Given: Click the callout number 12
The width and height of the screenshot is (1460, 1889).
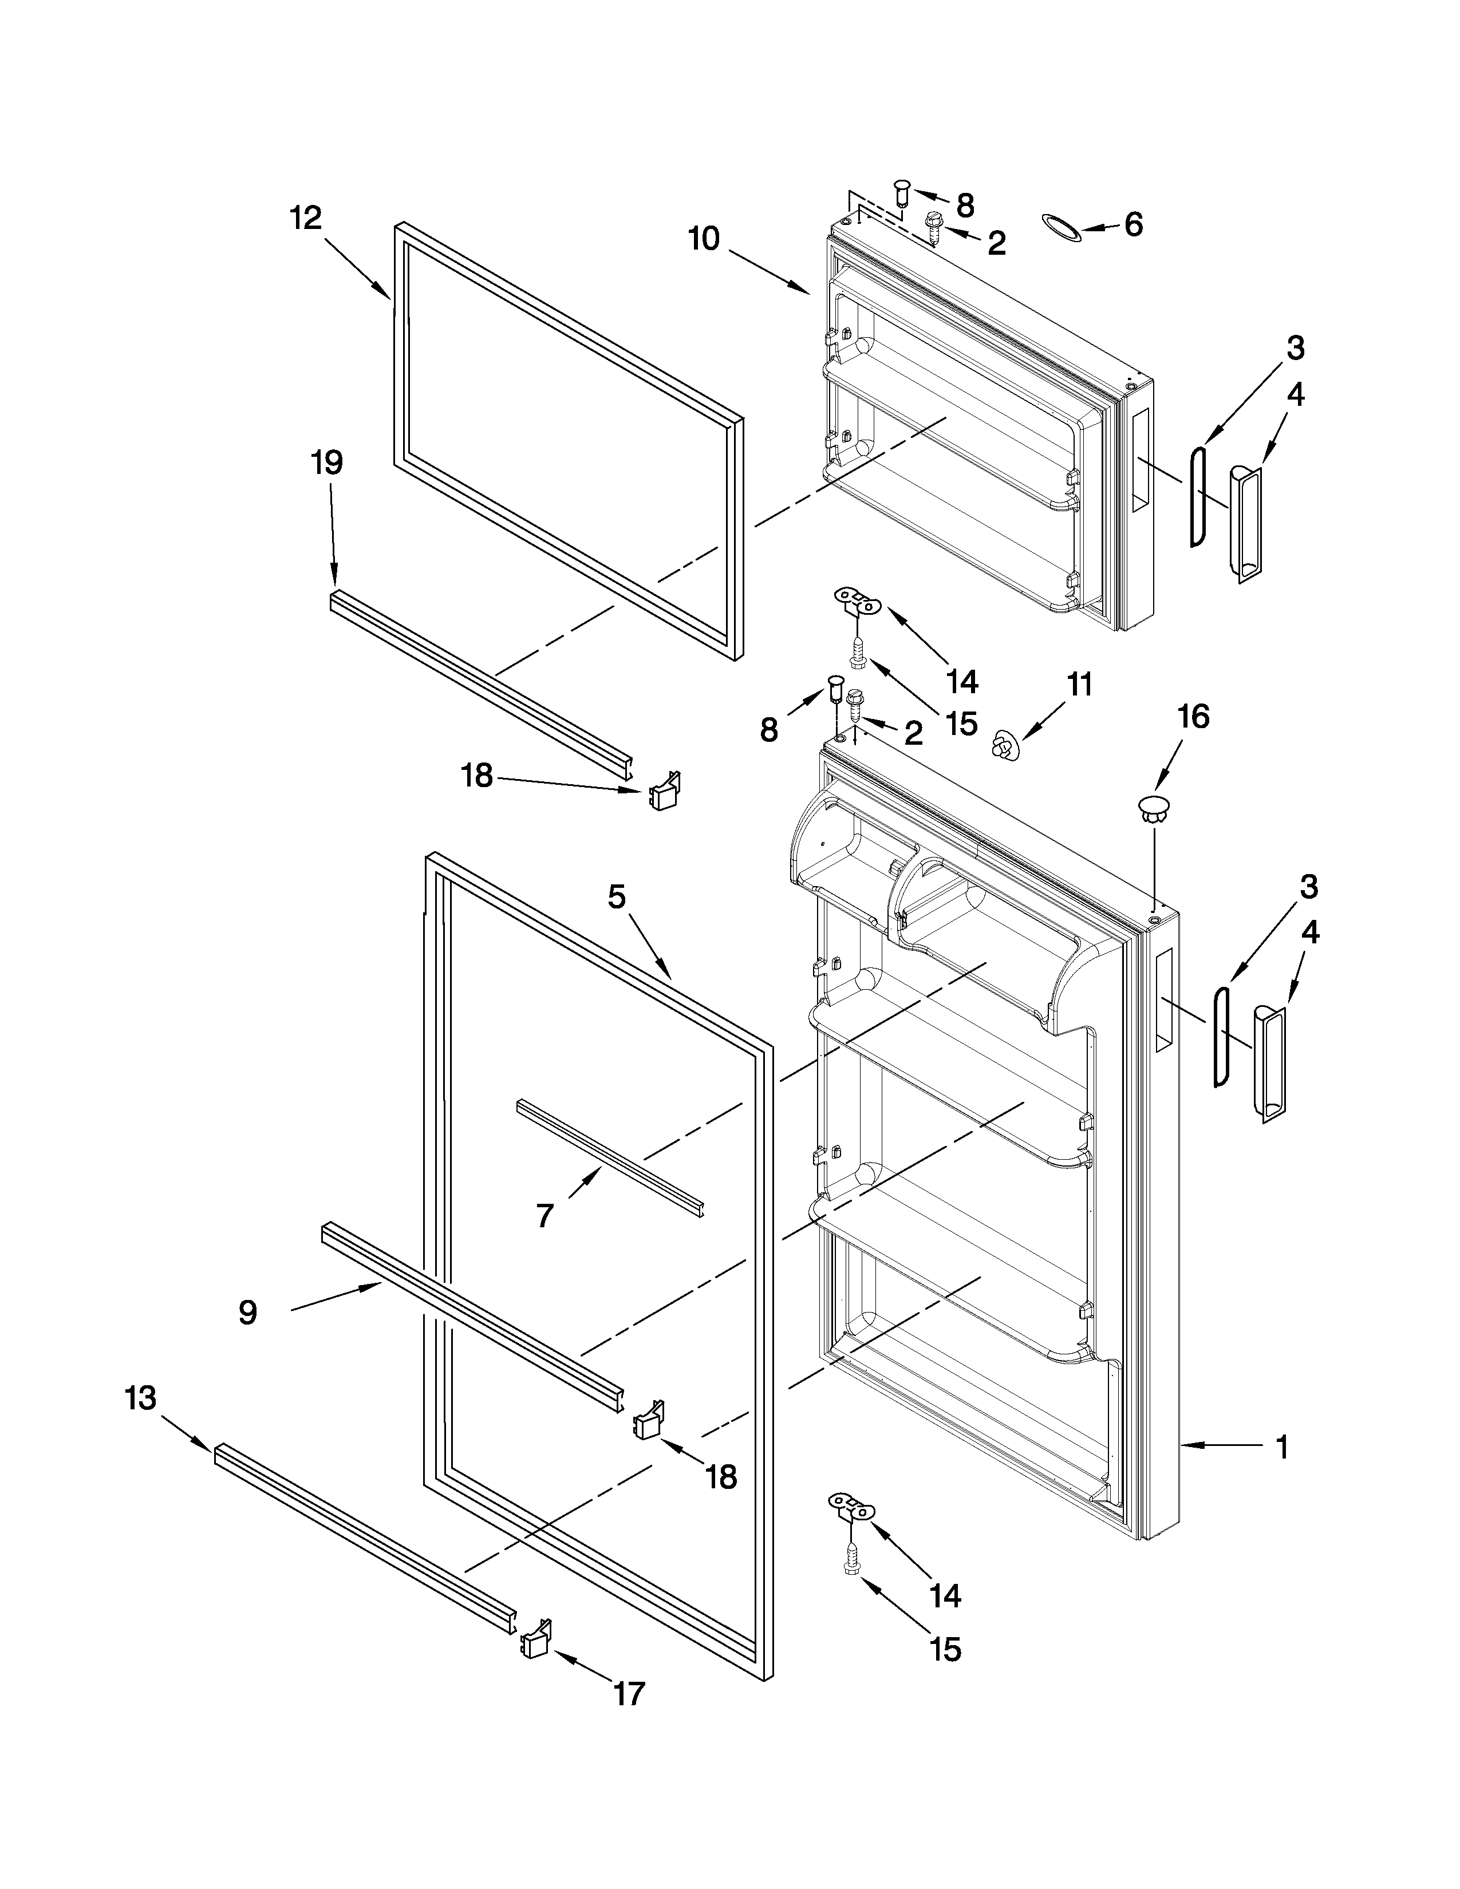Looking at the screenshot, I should click(x=305, y=218).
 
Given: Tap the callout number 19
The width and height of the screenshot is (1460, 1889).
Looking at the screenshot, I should click(x=327, y=464).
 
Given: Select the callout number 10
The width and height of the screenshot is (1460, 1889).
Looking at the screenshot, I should click(x=704, y=239).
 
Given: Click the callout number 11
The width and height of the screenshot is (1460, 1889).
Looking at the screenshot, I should click(x=1079, y=685).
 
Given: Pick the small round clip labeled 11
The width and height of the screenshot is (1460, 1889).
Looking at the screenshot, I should click(x=1004, y=745).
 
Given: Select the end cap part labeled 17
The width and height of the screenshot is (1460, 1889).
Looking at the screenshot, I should click(x=535, y=1637).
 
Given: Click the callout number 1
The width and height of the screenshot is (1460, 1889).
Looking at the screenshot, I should click(x=1282, y=1446).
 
